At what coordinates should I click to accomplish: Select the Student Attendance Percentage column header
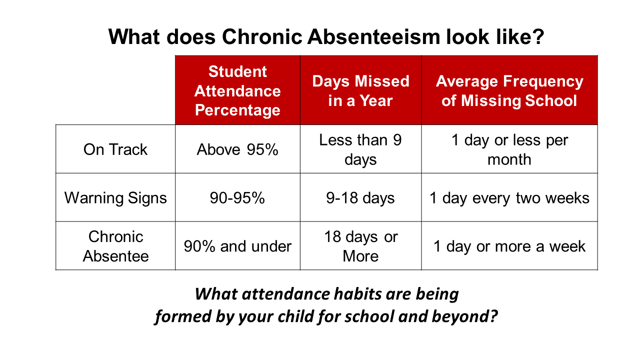pos(237,91)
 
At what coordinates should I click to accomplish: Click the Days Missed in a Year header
pos(360,91)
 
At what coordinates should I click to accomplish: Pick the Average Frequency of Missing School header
pos(509,91)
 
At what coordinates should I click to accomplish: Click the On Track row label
pos(115,149)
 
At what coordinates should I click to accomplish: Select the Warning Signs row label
pos(115,198)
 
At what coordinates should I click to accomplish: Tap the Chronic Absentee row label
pos(115,246)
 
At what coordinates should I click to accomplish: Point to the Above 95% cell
pos(237,149)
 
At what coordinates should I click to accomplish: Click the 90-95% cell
pos(237,198)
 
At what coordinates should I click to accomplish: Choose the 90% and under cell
pos(237,246)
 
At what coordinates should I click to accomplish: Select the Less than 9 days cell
pos(360,149)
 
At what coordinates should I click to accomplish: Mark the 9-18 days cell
pos(360,198)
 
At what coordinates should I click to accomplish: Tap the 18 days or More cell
pos(360,246)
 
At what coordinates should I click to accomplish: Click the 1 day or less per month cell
pos(509,149)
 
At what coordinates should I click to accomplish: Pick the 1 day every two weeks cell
pos(509,198)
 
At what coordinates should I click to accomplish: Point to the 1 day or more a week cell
pos(509,246)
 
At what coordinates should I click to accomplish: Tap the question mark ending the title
pos(537,37)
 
